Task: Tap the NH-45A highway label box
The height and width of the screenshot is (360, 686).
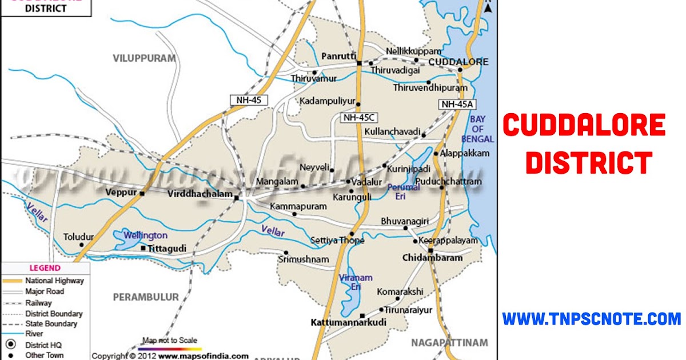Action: (458, 104)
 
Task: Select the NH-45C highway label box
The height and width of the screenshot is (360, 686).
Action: (358, 118)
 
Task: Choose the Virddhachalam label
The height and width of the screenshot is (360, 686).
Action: (200, 194)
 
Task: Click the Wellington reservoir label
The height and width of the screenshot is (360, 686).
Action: (147, 235)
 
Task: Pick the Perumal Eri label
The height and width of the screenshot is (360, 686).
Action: (404, 191)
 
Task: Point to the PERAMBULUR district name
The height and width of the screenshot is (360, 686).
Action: (146, 297)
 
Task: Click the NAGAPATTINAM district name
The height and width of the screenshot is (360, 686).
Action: (449, 343)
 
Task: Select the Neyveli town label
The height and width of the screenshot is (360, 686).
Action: (315, 168)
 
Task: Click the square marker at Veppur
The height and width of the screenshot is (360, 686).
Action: (142, 193)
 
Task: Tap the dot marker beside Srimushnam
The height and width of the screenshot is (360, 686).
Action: (286, 253)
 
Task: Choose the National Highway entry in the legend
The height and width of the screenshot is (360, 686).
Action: (54, 281)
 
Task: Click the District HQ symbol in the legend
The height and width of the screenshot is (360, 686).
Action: (11, 345)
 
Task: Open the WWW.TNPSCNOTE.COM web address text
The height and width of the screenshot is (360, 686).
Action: (592, 319)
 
